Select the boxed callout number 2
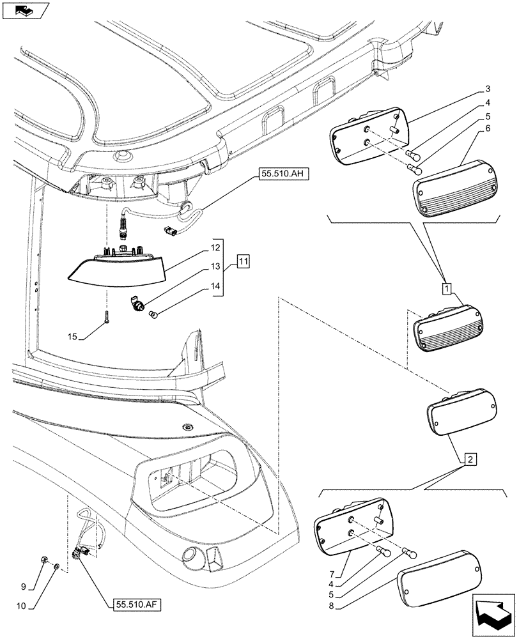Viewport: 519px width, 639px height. click(470, 458)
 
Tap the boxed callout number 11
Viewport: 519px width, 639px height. click(244, 261)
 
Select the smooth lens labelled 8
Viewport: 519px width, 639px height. click(440, 580)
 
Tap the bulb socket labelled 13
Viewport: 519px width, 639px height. click(137, 303)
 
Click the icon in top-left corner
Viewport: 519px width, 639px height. click(26, 10)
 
